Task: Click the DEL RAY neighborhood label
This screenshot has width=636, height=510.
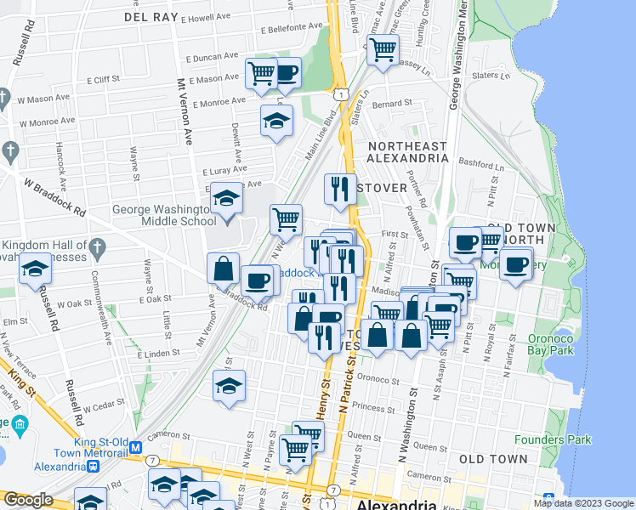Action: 152,16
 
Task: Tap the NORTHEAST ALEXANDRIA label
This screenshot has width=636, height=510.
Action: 407,151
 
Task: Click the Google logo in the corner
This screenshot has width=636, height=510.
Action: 28,500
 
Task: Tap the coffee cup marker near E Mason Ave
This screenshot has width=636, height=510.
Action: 287,73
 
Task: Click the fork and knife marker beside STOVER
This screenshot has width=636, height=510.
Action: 340,189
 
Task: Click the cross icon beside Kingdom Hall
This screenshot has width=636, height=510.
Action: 97,248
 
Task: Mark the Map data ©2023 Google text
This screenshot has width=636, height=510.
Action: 582,503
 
